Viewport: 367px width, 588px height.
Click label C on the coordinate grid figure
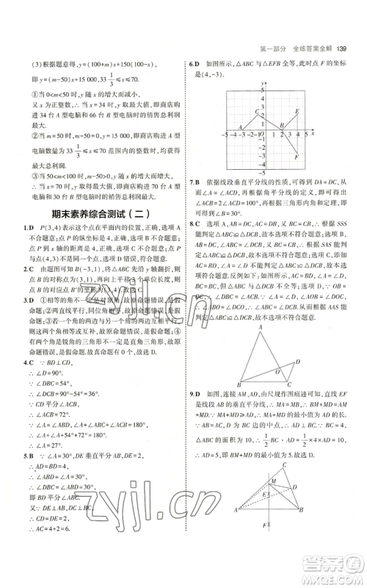pyautogui.click(x=255, y=112)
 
